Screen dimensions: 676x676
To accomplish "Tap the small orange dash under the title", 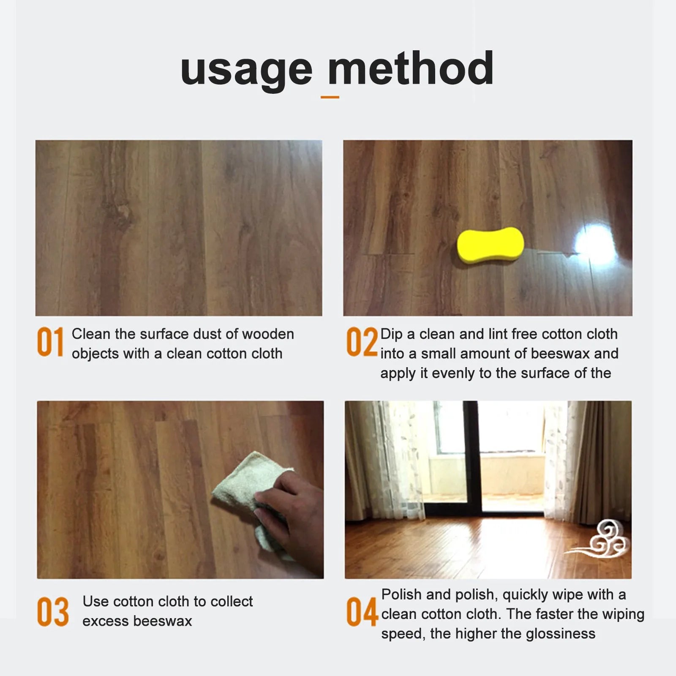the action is (330, 97).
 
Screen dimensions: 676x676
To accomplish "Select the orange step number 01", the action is (50, 342).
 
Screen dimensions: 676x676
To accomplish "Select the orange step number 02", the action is (362, 342).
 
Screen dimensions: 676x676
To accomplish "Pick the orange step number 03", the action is (53, 611).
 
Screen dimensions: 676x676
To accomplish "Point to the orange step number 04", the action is (362, 611).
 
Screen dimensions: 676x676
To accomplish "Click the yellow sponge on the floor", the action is (490, 245).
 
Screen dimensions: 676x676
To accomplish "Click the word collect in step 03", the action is (232, 601).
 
